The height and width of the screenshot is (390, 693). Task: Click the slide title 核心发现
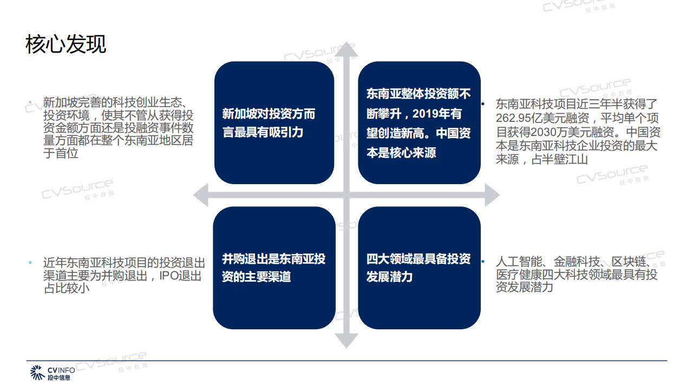(x=66, y=44)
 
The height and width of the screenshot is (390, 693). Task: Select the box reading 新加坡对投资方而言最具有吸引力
(x=274, y=123)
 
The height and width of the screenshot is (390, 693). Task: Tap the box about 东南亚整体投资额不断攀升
(x=419, y=123)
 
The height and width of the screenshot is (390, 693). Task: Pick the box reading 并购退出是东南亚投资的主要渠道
(x=274, y=268)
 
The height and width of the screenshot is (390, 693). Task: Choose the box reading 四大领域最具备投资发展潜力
(x=419, y=268)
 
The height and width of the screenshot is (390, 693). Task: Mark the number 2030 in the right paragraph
(x=547, y=132)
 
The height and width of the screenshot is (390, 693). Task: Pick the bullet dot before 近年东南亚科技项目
(x=31, y=263)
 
